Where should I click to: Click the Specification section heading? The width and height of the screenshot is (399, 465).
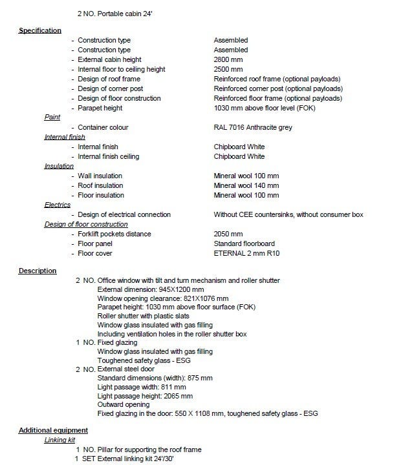click(40, 30)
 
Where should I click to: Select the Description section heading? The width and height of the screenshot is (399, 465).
click(38, 271)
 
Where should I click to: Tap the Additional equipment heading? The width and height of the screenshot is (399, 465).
click(53, 430)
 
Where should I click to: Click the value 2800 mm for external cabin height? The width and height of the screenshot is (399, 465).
click(228, 59)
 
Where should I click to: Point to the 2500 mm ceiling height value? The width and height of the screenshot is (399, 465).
click(228, 69)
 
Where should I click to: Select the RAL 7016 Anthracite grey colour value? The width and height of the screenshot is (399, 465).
click(253, 127)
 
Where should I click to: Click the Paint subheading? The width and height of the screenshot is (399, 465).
click(52, 118)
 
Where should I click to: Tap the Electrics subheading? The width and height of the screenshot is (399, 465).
click(57, 205)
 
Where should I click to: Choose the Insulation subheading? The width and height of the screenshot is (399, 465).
click(59, 166)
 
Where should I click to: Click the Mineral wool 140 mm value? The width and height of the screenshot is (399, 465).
click(246, 185)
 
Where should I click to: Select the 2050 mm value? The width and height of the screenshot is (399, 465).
click(228, 234)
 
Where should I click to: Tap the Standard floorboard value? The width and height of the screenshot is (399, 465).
click(244, 243)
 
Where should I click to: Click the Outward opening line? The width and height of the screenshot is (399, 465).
click(123, 404)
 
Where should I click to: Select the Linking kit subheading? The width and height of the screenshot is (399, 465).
click(60, 440)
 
